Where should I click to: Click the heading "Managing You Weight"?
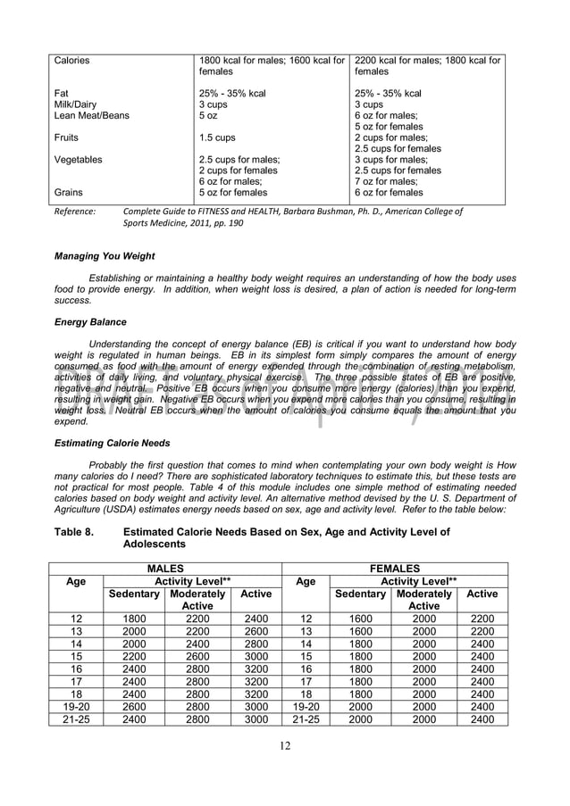pos(105,256)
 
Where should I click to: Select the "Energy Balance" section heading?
pos(90,322)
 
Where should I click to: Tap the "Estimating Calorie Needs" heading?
pos(113,443)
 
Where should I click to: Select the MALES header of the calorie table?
pos(165,568)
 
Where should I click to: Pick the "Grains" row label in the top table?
pos(69,192)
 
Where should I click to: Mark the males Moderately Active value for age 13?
pos(197,631)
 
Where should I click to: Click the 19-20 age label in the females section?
pos(306,707)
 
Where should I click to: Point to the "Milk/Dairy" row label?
pos(75,104)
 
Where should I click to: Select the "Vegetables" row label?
pos(78,160)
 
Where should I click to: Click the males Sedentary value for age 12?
pos(134,619)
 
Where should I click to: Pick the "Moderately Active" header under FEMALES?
pos(423,600)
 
